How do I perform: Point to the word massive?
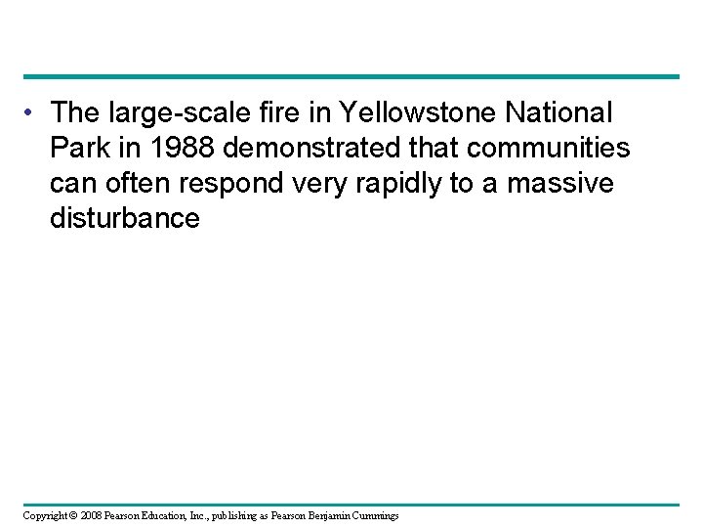[576, 184]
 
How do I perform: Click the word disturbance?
[124, 218]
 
